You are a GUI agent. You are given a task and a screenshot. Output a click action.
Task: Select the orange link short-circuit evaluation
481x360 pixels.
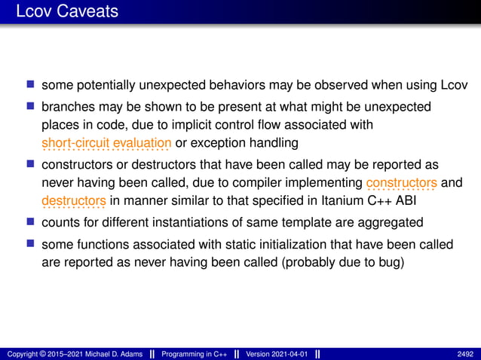106,143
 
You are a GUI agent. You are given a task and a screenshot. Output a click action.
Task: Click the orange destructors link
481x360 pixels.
74,201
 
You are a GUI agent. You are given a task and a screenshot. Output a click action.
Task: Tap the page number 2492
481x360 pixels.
465,354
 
